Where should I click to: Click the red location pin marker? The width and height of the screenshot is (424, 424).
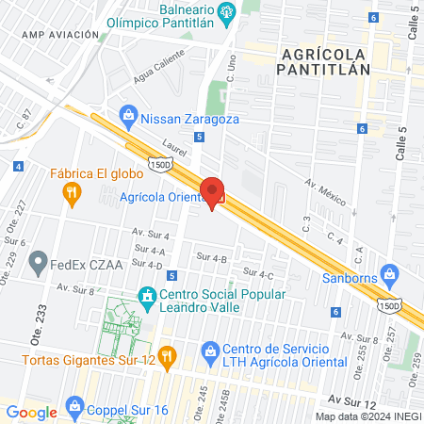pos(212,193)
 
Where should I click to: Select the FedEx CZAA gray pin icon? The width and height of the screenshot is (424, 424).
pos(39,259)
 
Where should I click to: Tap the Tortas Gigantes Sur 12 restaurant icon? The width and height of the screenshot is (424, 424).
pos(166,354)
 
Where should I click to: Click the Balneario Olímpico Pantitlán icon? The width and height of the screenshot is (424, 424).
pos(226,12)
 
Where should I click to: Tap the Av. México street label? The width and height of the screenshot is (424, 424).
pos(321,192)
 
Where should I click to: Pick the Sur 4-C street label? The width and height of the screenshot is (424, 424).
pos(258,273)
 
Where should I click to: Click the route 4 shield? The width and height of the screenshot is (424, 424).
pos(18,167)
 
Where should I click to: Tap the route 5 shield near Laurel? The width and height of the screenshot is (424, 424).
pos(199,137)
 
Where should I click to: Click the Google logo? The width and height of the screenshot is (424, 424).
pos(32,412)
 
